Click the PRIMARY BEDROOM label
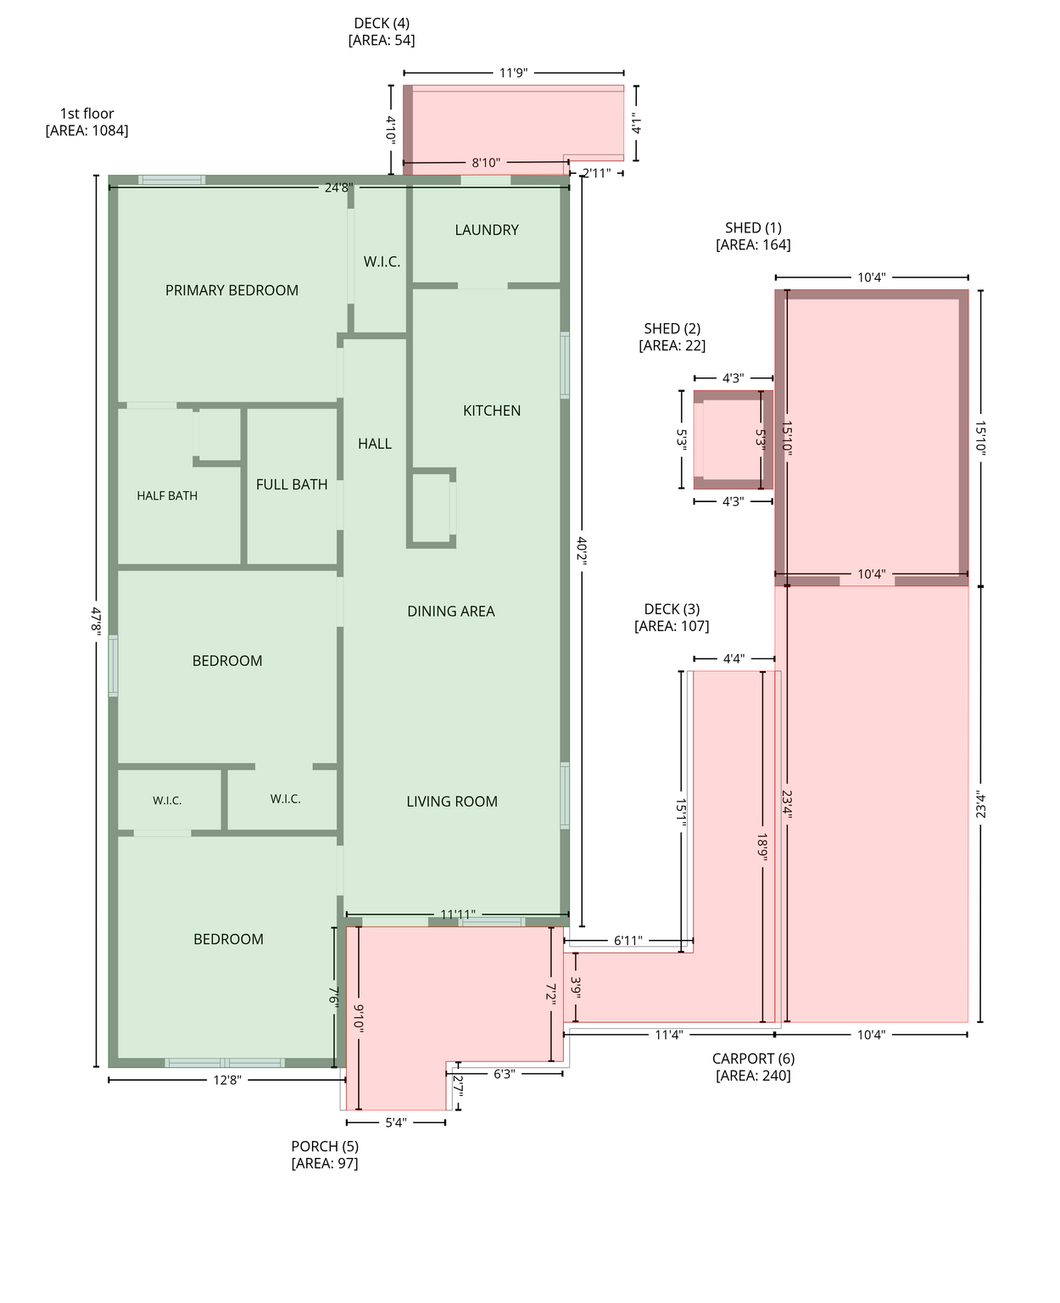(232, 290)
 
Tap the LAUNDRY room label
(487, 230)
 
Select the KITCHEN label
(492, 411)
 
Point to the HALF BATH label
(167, 495)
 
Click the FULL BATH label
(292, 484)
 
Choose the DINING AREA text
(450, 611)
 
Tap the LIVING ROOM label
(452, 802)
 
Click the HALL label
(375, 444)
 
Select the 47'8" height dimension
(96, 620)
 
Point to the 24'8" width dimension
(338, 187)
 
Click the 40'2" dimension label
(582, 551)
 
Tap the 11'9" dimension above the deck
(513, 73)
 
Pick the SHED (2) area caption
(672, 337)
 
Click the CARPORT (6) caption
(753, 1067)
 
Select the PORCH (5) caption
(325, 1155)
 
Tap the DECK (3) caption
(672, 618)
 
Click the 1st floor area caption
(86, 122)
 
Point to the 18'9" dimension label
(762, 847)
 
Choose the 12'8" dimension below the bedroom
(226, 1080)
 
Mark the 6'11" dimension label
(628, 940)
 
